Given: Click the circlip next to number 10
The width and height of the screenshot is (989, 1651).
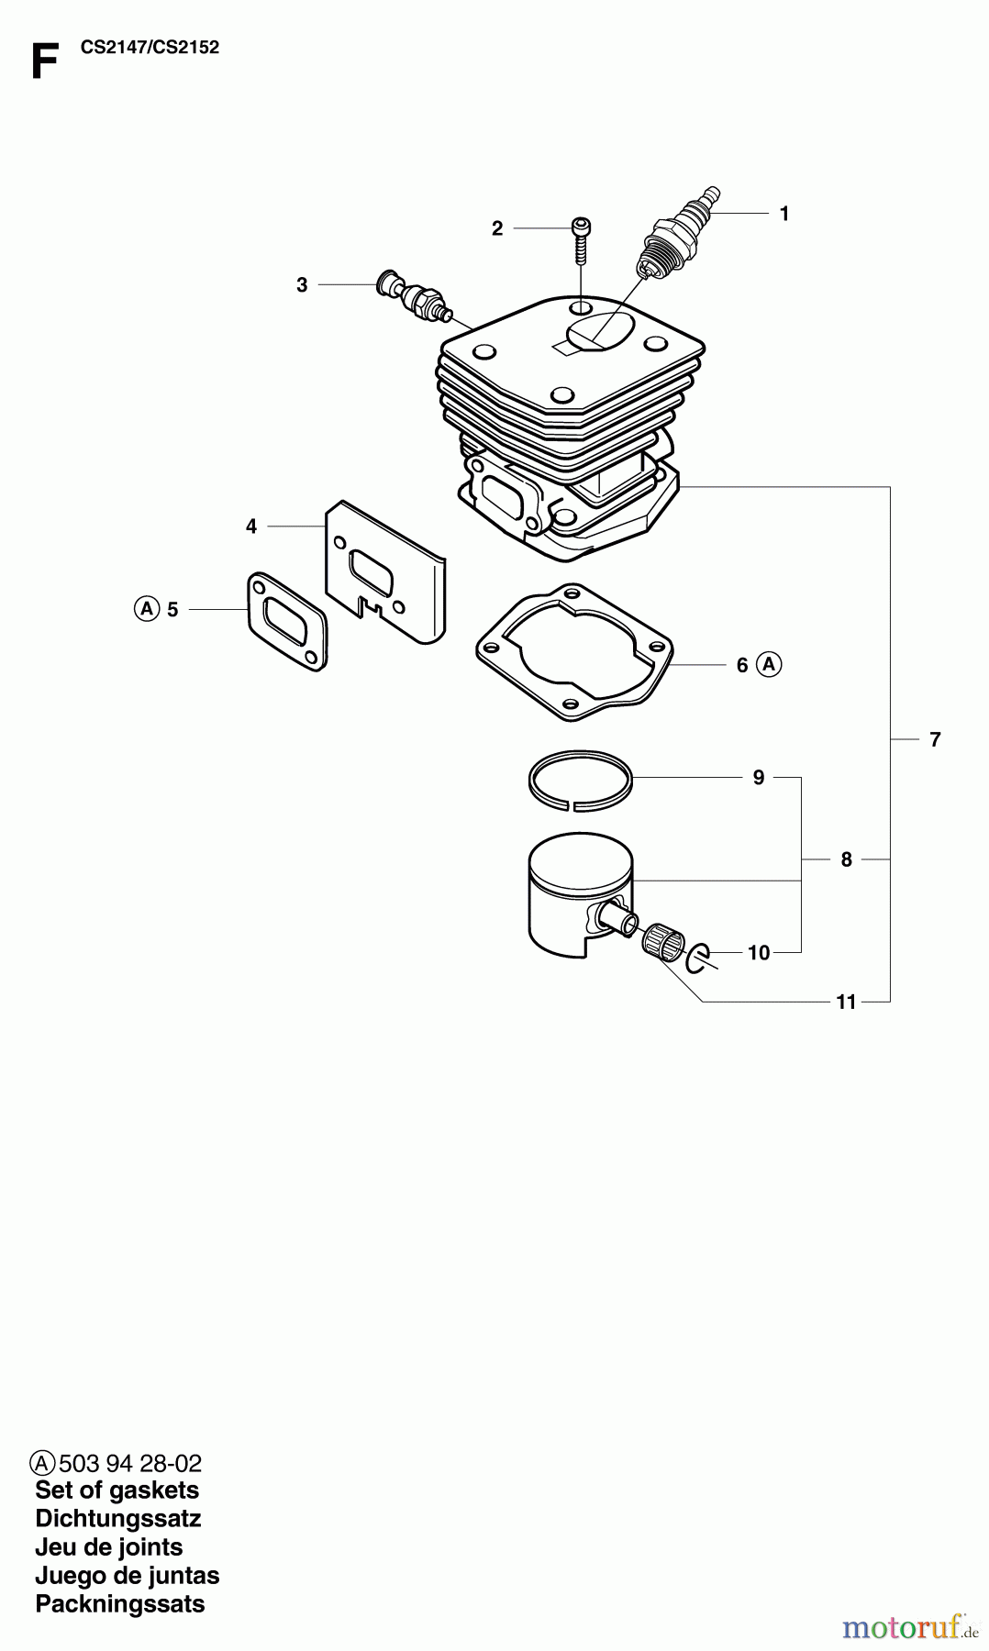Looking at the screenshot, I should [697, 957].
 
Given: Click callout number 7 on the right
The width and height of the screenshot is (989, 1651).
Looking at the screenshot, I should [934, 738].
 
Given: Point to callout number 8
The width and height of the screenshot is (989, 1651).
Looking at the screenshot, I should [846, 859].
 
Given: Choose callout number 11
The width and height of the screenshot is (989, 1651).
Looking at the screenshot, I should [845, 1002].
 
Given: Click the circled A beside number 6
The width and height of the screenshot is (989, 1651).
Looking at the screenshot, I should [769, 664].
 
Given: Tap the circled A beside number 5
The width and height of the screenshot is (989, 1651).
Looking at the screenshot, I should [145, 608].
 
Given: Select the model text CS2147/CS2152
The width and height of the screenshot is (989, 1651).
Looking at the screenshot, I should [150, 48].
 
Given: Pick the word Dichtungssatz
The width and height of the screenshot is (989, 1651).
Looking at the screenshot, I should [117, 1518].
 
